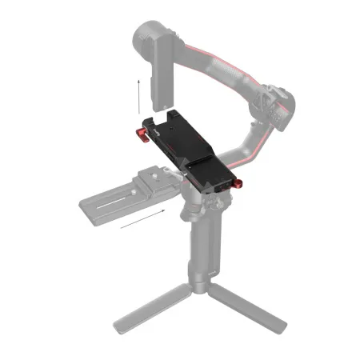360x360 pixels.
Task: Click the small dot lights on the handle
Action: tap(210, 272)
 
